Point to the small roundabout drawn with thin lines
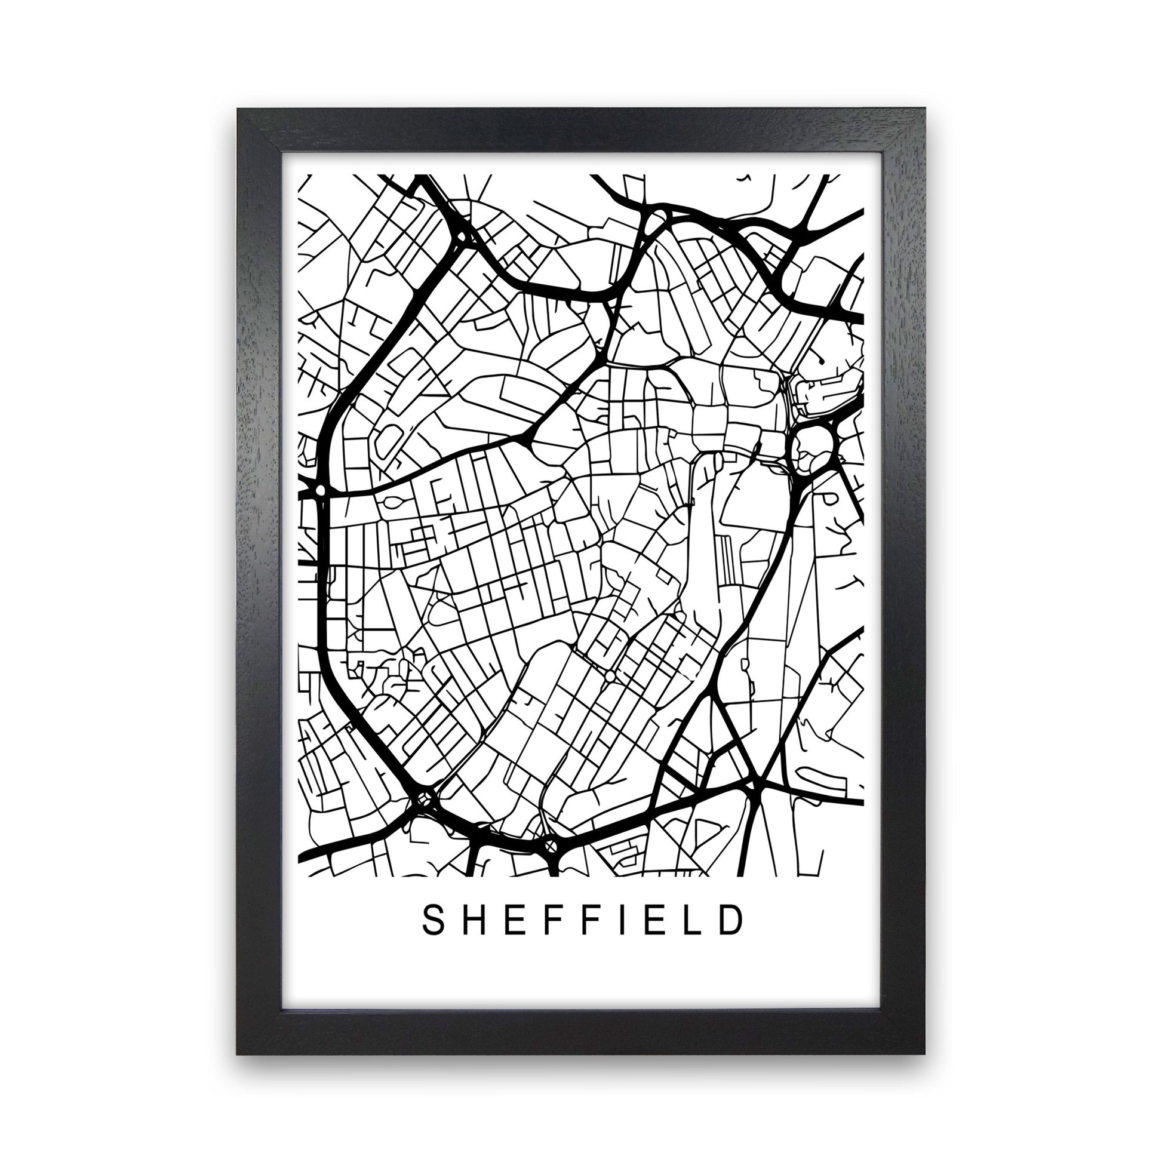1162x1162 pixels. [610, 677]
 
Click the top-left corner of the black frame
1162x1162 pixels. [238, 110]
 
